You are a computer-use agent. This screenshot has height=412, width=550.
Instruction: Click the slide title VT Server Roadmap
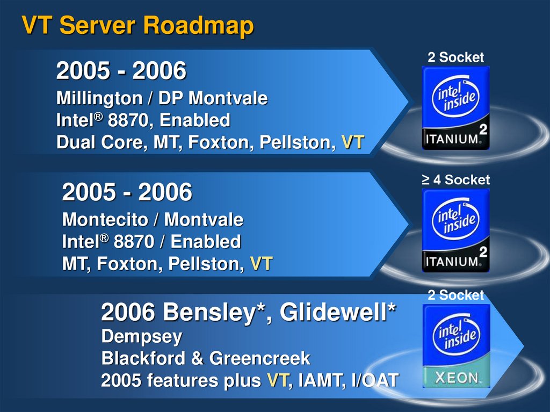tap(137, 25)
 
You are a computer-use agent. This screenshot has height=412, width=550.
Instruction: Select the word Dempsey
tap(142, 337)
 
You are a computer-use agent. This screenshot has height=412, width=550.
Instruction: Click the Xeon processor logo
tap(456, 346)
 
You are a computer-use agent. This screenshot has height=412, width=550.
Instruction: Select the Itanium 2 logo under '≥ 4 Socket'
tap(455, 229)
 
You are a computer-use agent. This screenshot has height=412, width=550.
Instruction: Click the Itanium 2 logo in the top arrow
tap(455, 107)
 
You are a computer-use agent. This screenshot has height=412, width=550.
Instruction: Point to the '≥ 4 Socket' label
tap(455, 179)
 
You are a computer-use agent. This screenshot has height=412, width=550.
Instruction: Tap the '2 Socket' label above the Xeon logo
tap(455, 295)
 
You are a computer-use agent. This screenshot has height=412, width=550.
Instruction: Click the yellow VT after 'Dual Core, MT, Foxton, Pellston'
tap(353, 143)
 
